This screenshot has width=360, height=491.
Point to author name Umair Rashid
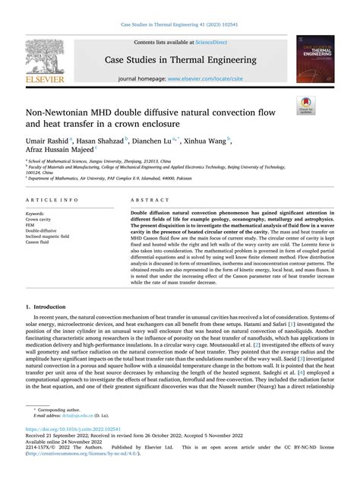[x=46, y=141]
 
